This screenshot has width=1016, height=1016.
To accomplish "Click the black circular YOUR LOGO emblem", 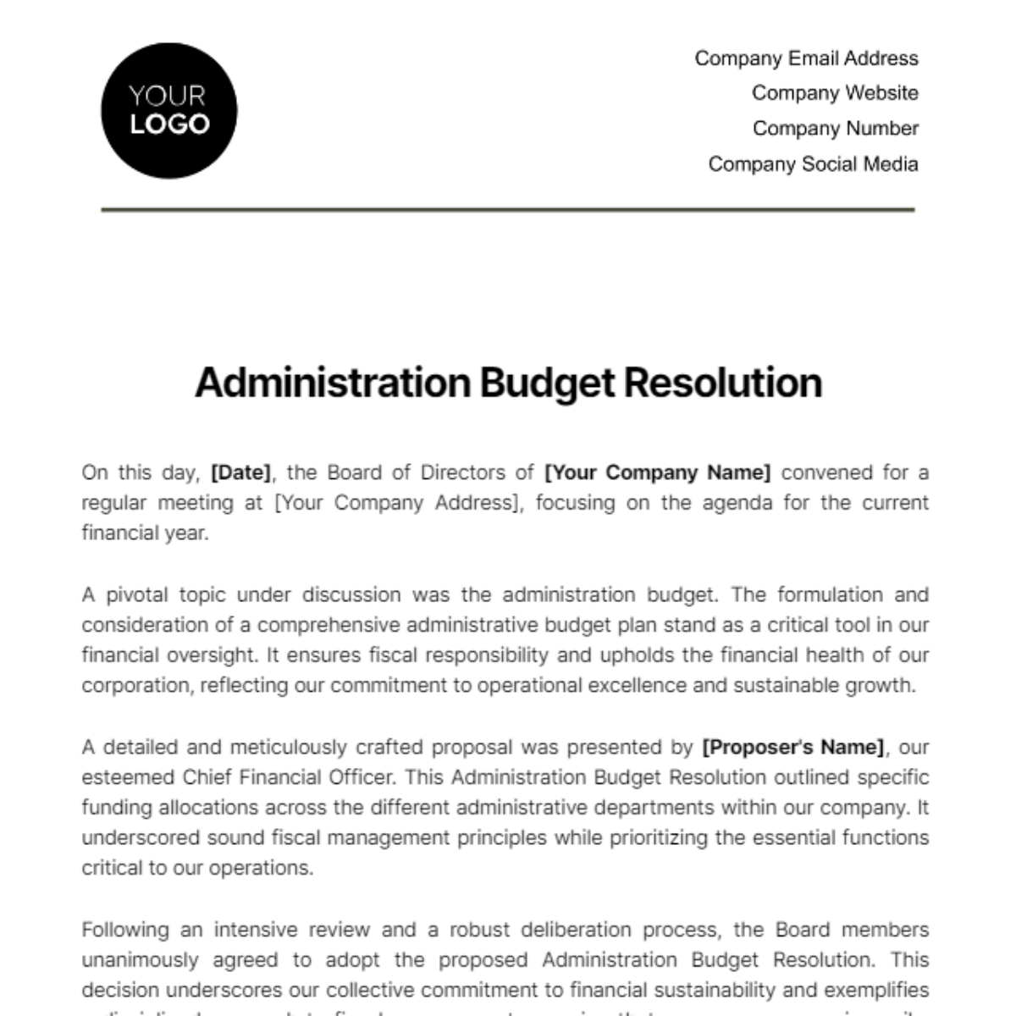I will pos(168,111).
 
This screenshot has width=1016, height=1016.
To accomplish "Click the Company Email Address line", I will pos(806,58).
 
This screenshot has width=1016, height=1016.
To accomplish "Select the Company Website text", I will pos(835,93).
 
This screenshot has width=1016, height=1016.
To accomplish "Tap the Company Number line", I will pos(835,129).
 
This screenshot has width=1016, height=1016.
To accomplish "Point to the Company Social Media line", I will pos(813,164).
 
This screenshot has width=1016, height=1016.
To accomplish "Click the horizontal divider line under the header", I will pos(508,209).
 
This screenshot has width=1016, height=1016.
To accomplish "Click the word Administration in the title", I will pos(333,383).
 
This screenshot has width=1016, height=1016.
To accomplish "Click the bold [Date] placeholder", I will pos(241,472).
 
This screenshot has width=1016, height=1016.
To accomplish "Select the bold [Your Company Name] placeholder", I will pos(657,472).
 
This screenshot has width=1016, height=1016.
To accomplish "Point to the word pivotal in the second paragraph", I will pos(136,595).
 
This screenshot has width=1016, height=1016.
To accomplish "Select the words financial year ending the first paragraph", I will pos(144,533).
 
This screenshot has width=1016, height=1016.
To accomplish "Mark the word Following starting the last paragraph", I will pos(124,930).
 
